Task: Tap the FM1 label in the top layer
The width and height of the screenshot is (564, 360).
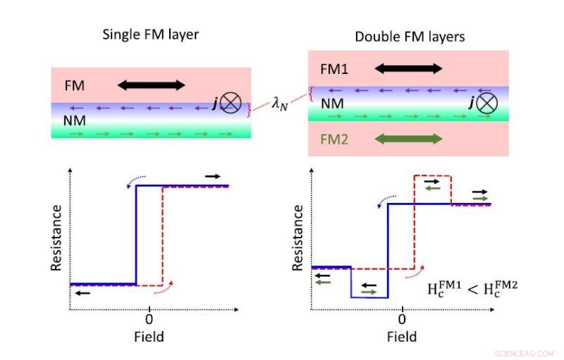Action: (x=334, y=69)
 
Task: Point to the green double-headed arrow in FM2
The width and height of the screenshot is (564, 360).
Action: (x=409, y=139)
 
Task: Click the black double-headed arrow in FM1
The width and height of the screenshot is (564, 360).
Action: (x=409, y=68)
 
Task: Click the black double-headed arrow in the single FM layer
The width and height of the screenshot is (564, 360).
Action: (x=150, y=85)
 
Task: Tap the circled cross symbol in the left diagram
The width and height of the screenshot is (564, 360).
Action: (x=229, y=104)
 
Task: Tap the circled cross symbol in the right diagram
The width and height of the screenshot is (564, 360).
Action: (x=487, y=104)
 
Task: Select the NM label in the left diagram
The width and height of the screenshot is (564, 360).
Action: (x=75, y=120)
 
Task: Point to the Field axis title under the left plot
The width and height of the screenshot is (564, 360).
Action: (x=149, y=336)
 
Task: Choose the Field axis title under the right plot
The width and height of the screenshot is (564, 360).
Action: (x=403, y=336)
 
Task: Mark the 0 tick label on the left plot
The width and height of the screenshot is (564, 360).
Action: (x=149, y=318)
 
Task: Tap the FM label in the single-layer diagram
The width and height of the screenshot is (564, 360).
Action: (x=75, y=85)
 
